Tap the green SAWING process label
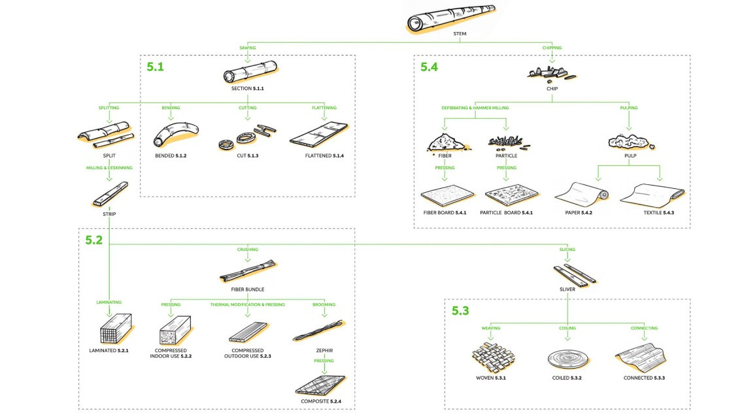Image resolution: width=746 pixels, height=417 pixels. [x=247, y=48]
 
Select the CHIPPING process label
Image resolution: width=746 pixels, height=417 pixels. [x=552, y=48]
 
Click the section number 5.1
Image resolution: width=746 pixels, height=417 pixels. [x=156, y=67]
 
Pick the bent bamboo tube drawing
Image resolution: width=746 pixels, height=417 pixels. [x=174, y=133]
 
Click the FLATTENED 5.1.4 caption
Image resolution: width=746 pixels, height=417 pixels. [x=320, y=156]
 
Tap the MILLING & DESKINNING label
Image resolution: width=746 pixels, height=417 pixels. [x=109, y=168]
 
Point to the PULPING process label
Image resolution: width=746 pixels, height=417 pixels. [x=628, y=108]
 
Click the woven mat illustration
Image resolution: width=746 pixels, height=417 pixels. [x=494, y=357]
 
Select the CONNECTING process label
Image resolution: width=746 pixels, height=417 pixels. [x=644, y=328]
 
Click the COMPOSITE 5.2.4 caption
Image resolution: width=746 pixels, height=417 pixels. [x=320, y=401]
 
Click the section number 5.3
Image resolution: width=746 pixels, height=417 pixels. [x=461, y=310]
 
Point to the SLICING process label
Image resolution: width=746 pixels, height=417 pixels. [x=567, y=250]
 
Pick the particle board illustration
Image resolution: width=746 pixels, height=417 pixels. [x=512, y=195]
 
